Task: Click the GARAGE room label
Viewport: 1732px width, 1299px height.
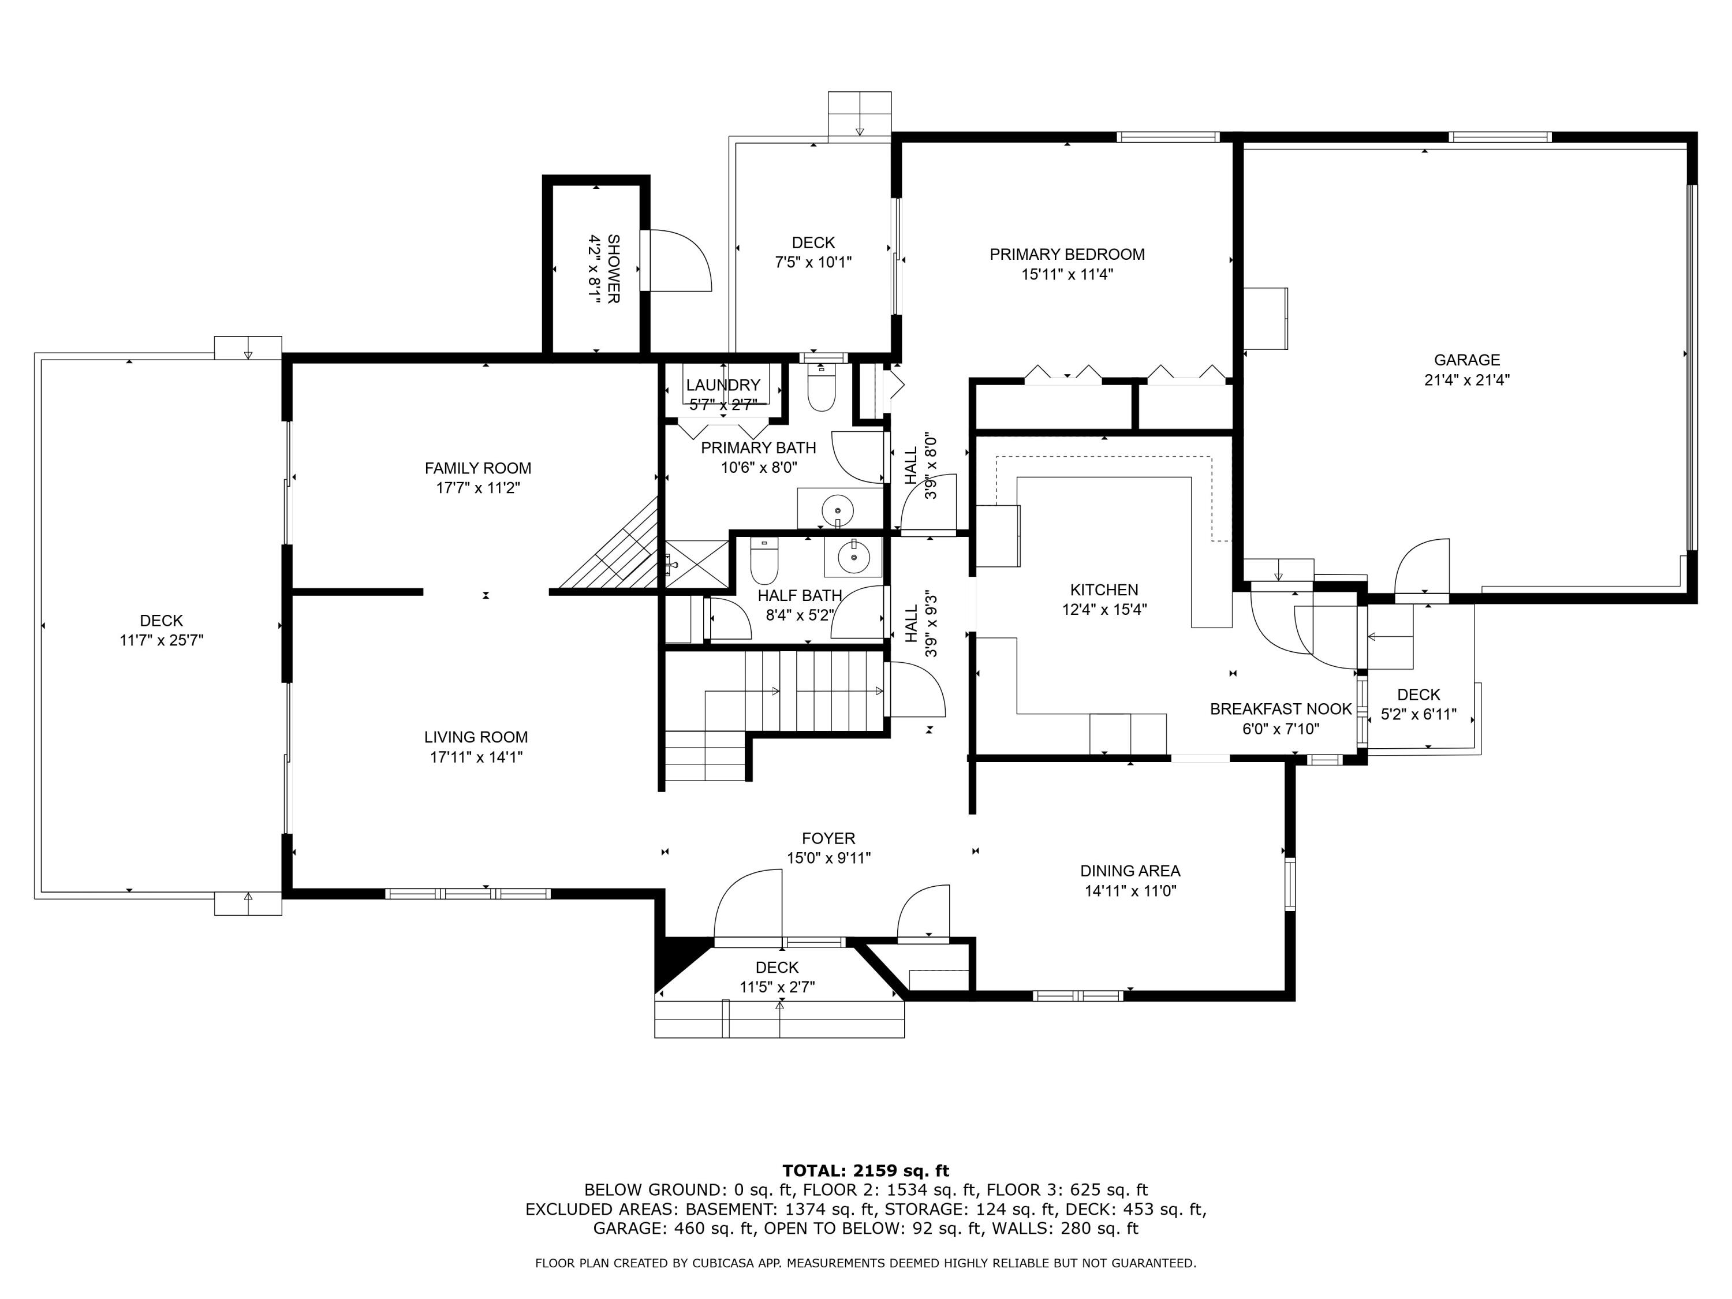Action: click(x=1466, y=360)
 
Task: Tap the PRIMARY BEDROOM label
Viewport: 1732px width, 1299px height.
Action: click(x=1066, y=255)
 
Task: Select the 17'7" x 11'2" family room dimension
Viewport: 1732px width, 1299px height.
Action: click(x=477, y=488)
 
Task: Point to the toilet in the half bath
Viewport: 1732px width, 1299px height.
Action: click(x=763, y=561)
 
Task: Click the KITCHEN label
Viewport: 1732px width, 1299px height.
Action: click(x=1103, y=589)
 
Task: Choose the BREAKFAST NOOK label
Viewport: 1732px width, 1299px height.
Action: click(x=1280, y=710)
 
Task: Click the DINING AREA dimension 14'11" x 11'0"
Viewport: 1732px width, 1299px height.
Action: click(x=1129, y=891)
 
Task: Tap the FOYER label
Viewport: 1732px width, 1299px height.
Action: click(x=828, y=839)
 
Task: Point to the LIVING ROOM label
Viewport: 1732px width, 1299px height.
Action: click(x=475, y=737)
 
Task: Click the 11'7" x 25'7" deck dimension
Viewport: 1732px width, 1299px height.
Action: click(x=161, y=640)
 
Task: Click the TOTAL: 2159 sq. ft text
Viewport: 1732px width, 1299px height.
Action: click(x=865, y=1171)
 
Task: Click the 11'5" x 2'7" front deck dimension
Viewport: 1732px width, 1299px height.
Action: click(x=777, y=987)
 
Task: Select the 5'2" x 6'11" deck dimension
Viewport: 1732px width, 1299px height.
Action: click(x=1418, y=714)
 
